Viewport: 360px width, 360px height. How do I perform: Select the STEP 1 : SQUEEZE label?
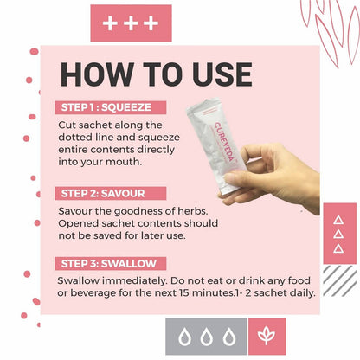pos(111,107)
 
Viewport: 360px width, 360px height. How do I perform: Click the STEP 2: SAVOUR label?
pos(111,193)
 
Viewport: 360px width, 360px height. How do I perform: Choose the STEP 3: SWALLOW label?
pos(111,263)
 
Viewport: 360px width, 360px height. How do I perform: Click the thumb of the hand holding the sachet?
pos(241,177)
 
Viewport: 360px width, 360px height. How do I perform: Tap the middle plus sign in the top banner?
pos(131,23)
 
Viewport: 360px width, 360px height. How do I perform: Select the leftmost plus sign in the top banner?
pos(110,23)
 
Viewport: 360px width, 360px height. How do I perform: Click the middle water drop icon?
pos(207,337)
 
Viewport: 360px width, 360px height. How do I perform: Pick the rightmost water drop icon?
pos(229,337)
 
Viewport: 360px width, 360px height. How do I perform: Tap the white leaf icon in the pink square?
pos(267,336)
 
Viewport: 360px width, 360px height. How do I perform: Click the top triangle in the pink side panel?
pos(338,221)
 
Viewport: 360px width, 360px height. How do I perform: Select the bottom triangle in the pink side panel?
pos(338,248)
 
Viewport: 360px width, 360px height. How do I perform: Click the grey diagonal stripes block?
pos(340,281)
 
